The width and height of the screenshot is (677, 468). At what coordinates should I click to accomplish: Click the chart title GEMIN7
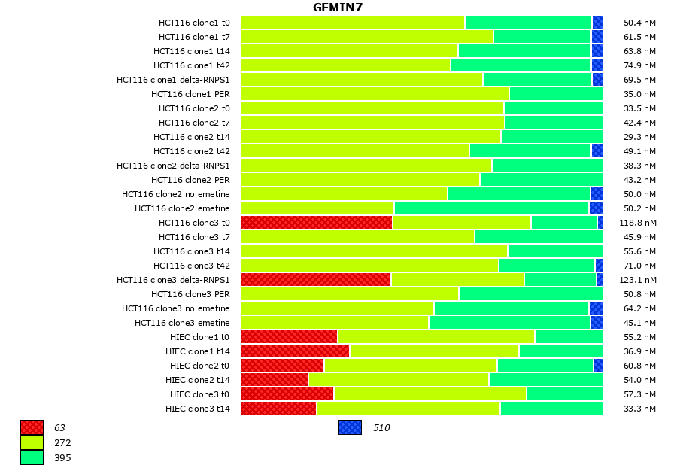[338, 8]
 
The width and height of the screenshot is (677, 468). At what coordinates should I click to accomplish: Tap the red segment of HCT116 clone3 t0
[317, 223]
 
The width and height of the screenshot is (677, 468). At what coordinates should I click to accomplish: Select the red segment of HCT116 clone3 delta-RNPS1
[316, 280]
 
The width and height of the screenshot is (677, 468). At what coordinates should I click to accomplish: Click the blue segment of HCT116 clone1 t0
[597, 23]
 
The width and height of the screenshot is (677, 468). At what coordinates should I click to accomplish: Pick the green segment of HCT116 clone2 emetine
[491, 208]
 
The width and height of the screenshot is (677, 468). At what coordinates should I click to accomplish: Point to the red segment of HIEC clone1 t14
[295, 351]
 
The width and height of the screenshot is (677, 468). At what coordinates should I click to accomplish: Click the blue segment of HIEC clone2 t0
[598, 366]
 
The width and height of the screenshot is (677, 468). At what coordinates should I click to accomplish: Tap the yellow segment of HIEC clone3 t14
[408, 409]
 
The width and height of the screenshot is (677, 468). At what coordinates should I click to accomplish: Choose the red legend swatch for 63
[32, 427]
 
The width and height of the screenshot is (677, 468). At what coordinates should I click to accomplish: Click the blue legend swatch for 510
[350, 427]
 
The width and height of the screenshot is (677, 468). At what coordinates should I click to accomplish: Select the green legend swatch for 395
[32, 457]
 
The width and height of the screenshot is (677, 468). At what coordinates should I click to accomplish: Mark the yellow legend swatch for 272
[32, 442]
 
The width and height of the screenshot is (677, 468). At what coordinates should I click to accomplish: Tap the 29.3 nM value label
[640, 137]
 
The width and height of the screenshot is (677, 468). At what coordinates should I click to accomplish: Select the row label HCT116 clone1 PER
[190, 94]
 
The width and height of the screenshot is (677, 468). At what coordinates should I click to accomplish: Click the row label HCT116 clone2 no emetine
[176, 194]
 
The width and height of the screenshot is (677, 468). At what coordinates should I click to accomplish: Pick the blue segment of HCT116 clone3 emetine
[597, 323]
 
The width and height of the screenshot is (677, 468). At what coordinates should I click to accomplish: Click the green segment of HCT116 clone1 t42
[521, 65]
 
